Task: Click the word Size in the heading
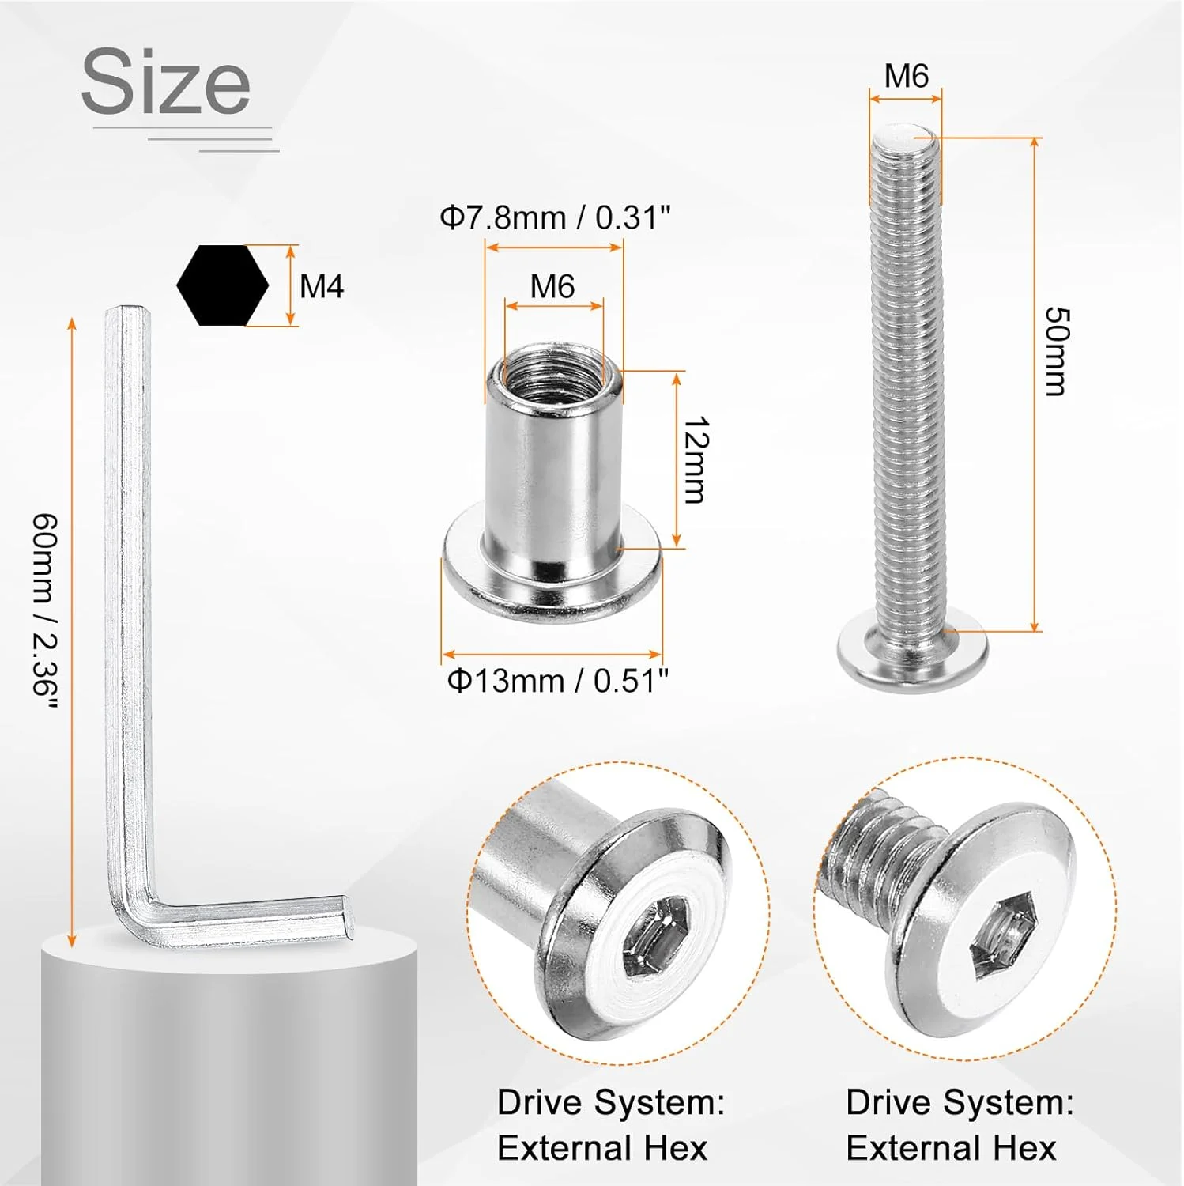[x=166, y=82]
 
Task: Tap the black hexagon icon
[x=222, y=285]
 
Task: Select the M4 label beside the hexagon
[x=322, y=285]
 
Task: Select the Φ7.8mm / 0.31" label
[x=555, y=217]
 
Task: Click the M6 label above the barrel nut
[x=552, y=286]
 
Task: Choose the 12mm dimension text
[x=696, y=460]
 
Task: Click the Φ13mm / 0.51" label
[x=558, y=681]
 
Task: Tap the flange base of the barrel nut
[x=552, y=589]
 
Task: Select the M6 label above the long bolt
[x=906, y=77]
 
